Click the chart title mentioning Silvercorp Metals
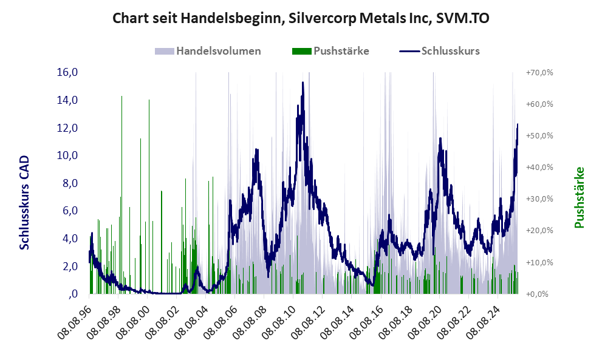(301, 19)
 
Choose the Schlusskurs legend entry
(450, 51)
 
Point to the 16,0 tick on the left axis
(67, 72)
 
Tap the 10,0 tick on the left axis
(67, 155)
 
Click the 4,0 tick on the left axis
(69, 239)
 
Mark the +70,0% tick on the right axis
(539, 72)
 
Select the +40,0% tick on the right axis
(539, 167)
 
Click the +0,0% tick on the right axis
(541, 294)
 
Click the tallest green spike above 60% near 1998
(121, 97)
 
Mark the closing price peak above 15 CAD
(303, 83)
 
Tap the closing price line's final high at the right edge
(518, 124)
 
